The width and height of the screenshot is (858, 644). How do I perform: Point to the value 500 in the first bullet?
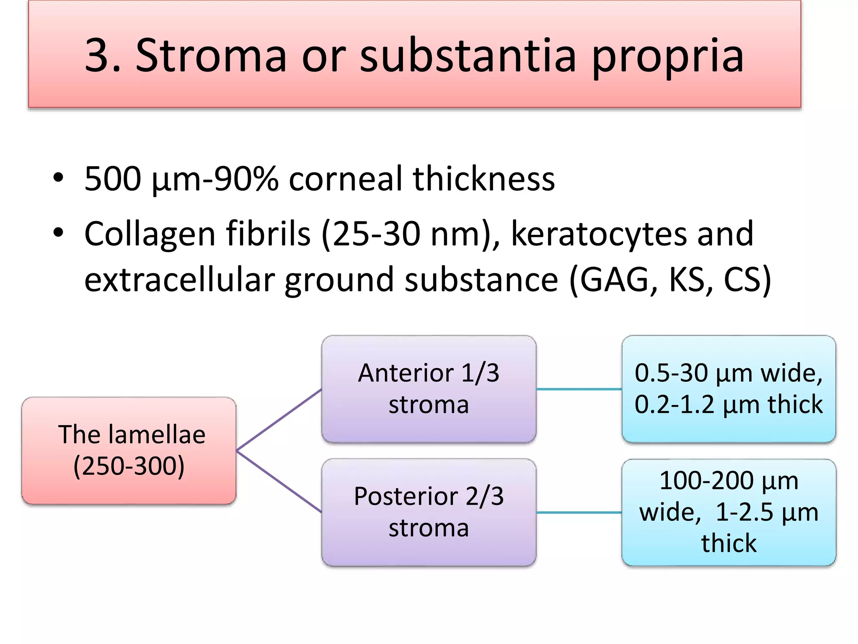tap(112, 179)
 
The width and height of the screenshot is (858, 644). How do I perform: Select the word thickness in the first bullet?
tap(483, 179)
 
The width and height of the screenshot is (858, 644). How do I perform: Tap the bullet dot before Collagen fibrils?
tap(58, 232)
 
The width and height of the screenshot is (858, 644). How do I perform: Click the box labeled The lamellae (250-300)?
tap(129, 451)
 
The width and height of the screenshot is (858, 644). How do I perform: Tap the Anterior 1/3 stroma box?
tap(429, 389)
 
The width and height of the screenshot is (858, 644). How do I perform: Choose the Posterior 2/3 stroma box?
tap(429, 512)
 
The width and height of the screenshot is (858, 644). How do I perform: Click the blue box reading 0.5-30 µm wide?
tap(729, 389)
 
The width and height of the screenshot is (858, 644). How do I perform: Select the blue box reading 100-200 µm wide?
tap(729, 512)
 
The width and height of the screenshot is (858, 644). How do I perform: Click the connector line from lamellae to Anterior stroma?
tap(279, 420)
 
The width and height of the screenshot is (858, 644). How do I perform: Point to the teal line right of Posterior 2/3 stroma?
tap(579, 512)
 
